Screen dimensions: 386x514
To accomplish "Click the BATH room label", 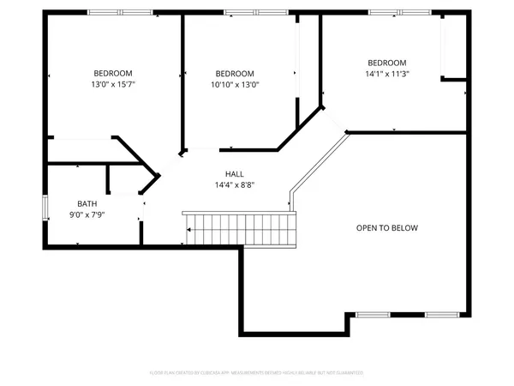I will coord(87,203).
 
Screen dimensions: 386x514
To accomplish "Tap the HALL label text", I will coord(235,173).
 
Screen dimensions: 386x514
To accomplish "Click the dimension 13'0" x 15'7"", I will coord(113,85).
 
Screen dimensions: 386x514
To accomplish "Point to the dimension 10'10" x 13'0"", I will coord(235,85).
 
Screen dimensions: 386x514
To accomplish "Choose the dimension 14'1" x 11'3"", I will coord(387,74).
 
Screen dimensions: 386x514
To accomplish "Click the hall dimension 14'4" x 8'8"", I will coord(235,184).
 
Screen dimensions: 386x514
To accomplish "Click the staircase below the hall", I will coord(239,230).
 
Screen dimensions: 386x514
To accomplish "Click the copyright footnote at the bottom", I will coord(256,372).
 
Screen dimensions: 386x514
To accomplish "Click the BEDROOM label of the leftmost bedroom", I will coord(113,73).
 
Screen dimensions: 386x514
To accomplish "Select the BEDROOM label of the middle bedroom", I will coord(235,73).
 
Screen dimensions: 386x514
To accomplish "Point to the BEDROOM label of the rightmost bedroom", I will coord(387,63).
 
